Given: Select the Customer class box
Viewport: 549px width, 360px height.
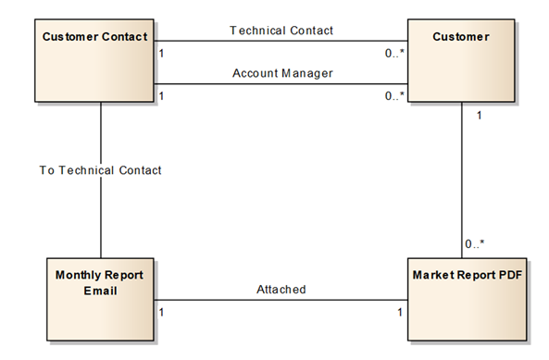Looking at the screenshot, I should pos(460,61).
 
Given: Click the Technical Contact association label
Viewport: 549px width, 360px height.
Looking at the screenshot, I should pos(281,31).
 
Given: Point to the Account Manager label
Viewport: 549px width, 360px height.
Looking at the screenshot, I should pos(281,73).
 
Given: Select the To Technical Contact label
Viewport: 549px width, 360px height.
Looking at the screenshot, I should pos(100,170).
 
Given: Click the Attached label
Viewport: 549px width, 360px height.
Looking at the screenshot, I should pos(281,290).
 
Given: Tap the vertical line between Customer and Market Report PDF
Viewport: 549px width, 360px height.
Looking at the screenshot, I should pos(462,176).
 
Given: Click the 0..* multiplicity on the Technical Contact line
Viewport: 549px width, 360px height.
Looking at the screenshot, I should pos(394,54).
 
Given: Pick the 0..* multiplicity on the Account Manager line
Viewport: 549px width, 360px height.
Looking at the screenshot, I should pos(394,96).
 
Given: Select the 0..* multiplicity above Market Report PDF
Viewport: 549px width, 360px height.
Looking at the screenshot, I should pos(474,244).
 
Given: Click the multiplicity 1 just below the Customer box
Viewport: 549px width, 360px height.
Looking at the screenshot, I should pos(478,117).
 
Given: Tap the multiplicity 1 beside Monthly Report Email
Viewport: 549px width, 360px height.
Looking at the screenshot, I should pos(161,312).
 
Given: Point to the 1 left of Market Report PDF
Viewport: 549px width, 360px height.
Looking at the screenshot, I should pos(400,312).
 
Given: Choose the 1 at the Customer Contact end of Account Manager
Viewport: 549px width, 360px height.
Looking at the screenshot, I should pos(161,96).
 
